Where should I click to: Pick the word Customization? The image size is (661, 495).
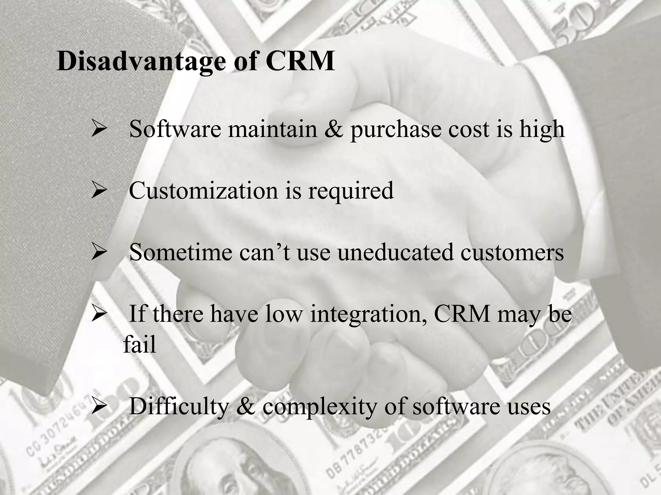click(204, 191)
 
